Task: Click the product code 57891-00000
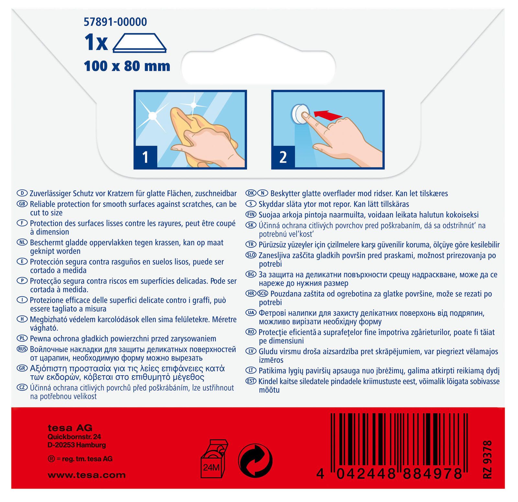[115, 22]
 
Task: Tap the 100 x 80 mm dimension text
[127, 66]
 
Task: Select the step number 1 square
[145, 157]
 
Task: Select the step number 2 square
[283, 157]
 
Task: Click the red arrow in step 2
[328, 114]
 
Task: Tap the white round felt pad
[299, 114]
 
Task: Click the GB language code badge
[22, 204]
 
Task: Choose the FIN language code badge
[251, 214]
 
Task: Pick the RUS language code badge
[22, 349]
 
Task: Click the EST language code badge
[251, 381]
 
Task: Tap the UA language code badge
[251, 313]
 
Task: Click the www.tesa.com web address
[86, 475]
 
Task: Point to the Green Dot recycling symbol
[255, 461]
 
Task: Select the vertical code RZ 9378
[487, 459]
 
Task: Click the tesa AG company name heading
[70, 428]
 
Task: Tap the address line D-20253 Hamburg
[77, 445]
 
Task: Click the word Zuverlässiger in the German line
[50, 194]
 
